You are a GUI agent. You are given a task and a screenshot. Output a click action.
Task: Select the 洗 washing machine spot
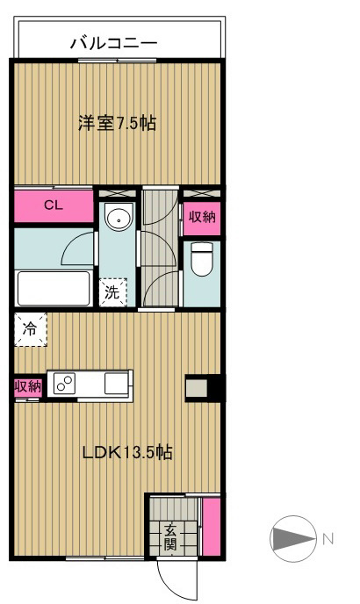112,291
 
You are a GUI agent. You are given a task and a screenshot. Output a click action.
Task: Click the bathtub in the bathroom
54,287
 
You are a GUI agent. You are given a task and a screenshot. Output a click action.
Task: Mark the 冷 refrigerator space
30,329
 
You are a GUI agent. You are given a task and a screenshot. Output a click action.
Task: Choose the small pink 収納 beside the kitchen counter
26,386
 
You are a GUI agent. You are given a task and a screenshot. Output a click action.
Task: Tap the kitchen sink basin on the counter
116,384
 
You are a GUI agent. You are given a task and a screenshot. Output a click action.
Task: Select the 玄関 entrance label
170,536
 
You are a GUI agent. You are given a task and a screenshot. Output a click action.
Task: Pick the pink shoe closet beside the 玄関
211,525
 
